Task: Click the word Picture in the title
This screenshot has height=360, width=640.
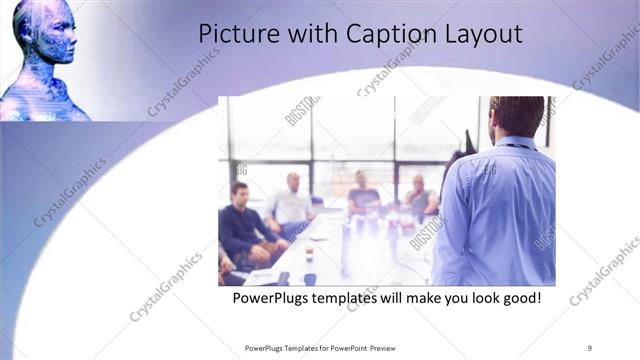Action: [235, 33]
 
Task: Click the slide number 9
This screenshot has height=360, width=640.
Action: [590, 347]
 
